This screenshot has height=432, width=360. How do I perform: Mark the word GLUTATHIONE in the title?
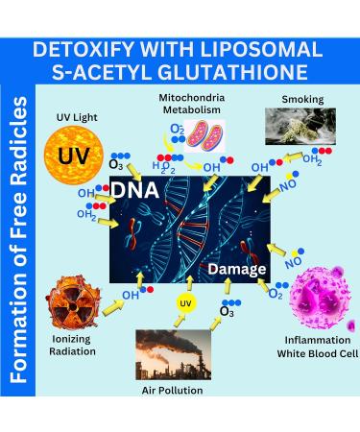(237, 73)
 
